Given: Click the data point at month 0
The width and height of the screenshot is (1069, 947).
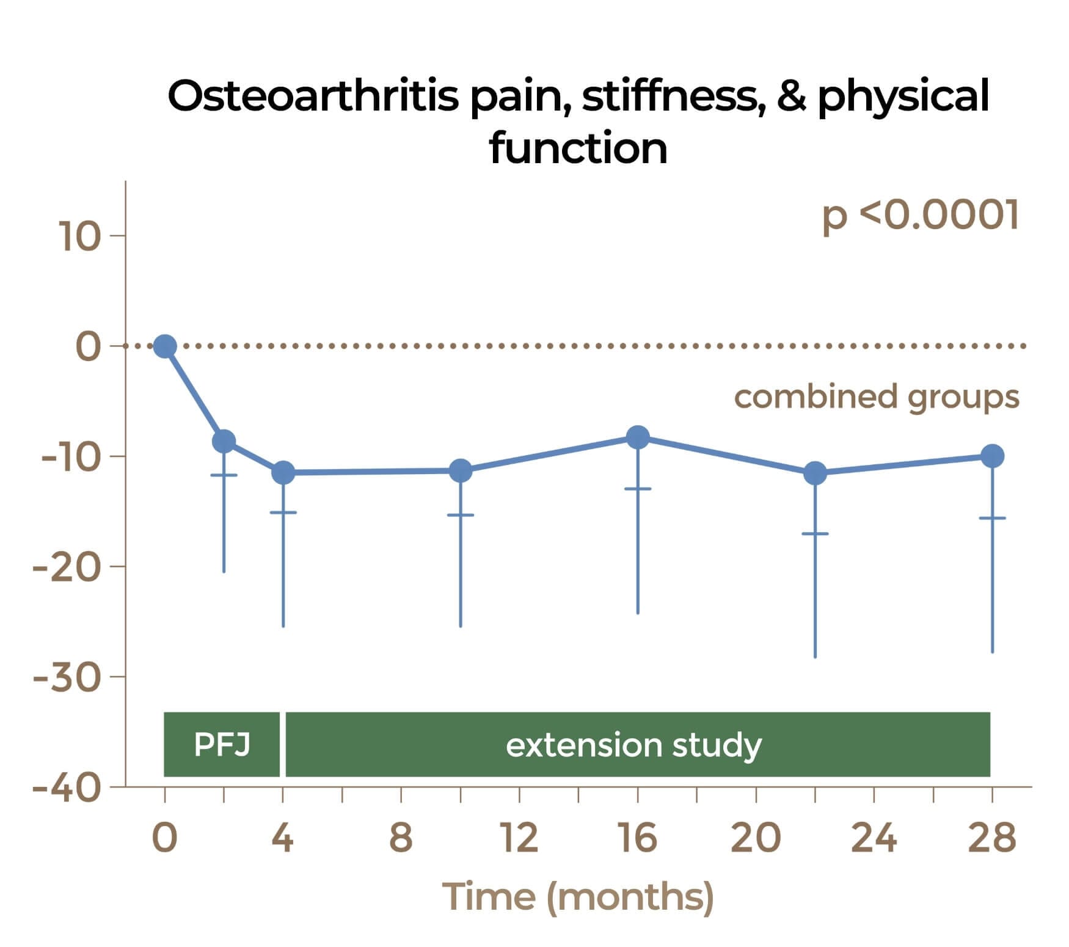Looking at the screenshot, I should coord(165,346).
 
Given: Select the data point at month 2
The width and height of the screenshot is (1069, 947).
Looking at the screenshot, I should coord(224,441).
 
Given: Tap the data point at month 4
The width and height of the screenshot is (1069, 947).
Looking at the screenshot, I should coord(283,472).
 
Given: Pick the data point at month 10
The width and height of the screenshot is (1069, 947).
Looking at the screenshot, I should coord(461,470).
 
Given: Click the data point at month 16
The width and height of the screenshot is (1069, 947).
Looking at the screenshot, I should coord(638,437).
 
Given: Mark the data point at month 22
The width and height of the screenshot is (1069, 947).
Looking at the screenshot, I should coord(815,473).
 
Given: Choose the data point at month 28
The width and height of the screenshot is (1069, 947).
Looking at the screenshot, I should coord(992,456).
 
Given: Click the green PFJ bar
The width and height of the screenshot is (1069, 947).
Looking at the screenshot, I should coord(221,744).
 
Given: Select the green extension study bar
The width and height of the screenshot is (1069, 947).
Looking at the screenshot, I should coord(637,744).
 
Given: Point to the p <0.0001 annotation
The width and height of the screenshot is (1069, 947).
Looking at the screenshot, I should coord(920,215).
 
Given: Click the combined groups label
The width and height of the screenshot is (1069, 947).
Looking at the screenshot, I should coord(876,397).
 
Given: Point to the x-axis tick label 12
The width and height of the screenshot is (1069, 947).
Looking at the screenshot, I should coord(519,837).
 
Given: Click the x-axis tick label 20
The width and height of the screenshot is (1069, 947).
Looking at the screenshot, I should coord(756,837).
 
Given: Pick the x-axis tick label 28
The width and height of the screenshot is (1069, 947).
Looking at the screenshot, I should coord(992,837).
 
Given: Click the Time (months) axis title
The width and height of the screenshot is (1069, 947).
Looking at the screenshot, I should coord(578,897).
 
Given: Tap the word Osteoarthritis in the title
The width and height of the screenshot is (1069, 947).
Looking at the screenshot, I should coord(312,96).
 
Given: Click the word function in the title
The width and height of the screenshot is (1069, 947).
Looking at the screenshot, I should coord(578,148).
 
